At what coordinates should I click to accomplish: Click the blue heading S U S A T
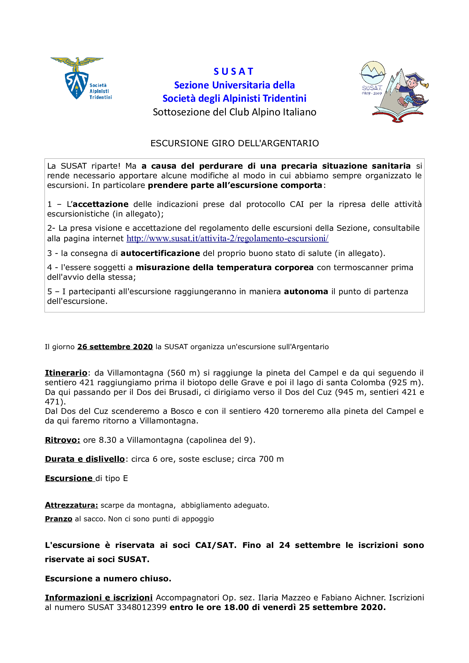click(x=234, y=71)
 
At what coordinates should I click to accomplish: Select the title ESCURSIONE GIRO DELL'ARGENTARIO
click(x=234, y=143)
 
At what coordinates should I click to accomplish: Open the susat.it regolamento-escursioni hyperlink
click(x=228, y=238)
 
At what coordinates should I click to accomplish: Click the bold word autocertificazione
click(x=160, y=253)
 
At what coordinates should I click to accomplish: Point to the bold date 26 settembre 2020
click(x=115, y=347)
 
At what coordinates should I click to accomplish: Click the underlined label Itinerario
click(x=66, y=373)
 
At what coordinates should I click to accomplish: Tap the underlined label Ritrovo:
click(x=62, y=440)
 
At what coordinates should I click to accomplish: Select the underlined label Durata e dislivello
click(x=85, y=459)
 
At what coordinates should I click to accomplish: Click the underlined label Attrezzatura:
click(x=71, y=505)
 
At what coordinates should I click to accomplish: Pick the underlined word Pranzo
click(x=58, y=519)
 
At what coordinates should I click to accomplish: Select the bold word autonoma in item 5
click(x=306, y=292)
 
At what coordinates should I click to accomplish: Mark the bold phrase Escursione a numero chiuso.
click(x=108, y=579)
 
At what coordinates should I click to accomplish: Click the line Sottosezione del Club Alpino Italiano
click(x=234, y=112)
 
